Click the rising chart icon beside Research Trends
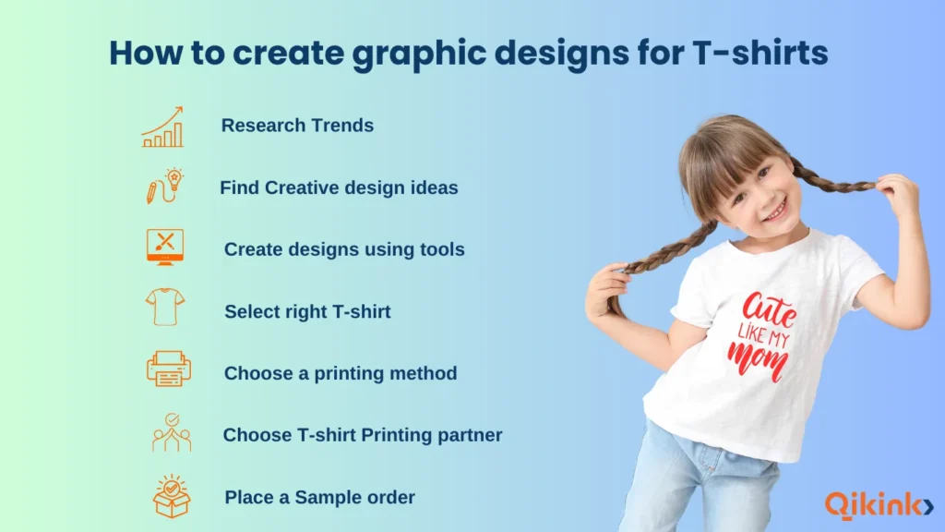click(162, 127)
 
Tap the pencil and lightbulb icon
click(163, 186)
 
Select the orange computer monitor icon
click(165, 247)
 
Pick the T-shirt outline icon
click(165, 307)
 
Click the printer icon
click(169, 369)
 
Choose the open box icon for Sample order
click(172, 496)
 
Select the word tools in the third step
click(441, 249)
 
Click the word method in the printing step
click(423, 374)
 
